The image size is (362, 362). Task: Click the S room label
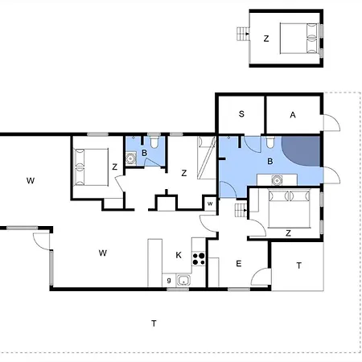[241, 114]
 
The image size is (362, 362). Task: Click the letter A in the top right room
[293, 115]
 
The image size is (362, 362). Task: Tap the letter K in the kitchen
[179, 255]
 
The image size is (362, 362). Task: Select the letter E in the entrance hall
[239, 264]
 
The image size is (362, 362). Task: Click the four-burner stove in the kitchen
[199, 258]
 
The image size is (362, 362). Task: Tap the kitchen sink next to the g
[183, 281]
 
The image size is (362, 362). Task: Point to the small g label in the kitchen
[169, 281]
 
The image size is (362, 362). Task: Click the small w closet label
[210, 204]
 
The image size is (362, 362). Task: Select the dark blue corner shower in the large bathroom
[301, 151]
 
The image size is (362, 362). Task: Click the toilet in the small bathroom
[154, 142]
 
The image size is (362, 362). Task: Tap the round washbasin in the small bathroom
[130, 158]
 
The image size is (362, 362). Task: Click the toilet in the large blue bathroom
[270, 142]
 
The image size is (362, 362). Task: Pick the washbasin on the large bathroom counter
[277, 180]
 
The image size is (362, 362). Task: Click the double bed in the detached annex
[299, 39]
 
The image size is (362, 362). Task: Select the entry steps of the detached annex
[243, 34]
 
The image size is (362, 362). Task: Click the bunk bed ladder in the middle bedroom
[206, 158]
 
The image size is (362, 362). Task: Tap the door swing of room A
[332, 123]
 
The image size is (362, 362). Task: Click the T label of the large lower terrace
[154, 323]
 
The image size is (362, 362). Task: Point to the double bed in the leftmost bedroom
[91, 167]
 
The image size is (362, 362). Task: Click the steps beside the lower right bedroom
[241, 210]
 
